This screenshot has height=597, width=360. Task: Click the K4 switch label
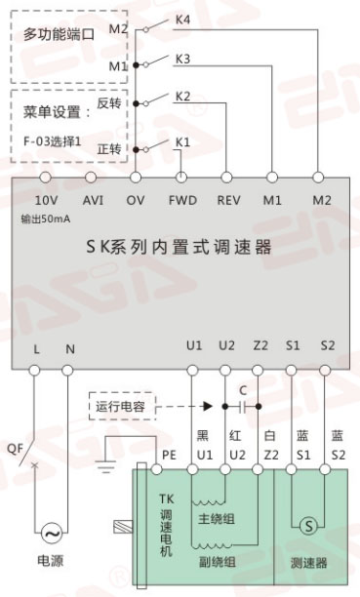click(x=182, y=20)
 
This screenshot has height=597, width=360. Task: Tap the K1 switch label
click(x=182, y=142)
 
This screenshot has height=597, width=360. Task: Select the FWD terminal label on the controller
click(x=182, y=200)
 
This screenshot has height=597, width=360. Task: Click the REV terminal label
click(x=228, y=200)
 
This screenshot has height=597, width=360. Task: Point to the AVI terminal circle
click(x=91, y=177)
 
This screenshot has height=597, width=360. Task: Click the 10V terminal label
click(x=46, y=200)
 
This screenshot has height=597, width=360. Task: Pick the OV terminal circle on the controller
click(x=136, y=177)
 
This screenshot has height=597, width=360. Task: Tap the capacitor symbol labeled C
click(x=242, y=407)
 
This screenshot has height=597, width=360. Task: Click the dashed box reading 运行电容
click(x=122, y=406)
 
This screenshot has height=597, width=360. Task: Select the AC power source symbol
click(x=51, y=533)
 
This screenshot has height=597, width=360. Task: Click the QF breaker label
click(x=16, y=449)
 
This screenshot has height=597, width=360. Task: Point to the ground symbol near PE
click(x=105, y=466)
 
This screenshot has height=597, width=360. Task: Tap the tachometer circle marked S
click(x=308, y=527)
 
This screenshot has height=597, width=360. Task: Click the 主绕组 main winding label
click(x=216, y=519)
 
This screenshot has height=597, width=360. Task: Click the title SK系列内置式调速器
click(x=180, y=248)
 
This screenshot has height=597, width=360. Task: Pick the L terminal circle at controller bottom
click(x=35, y=370)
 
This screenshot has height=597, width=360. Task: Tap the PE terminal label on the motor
click(x=169, y=455)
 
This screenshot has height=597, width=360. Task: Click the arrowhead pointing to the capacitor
click(x=208, y=406)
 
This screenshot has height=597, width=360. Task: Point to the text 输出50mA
click(x=46, y=219)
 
